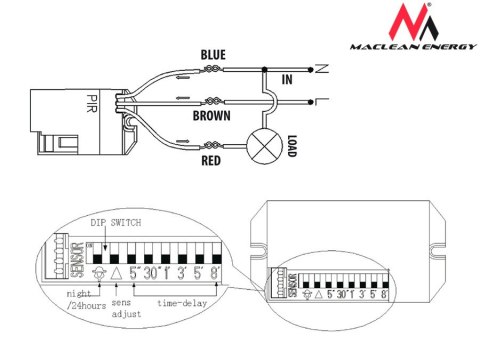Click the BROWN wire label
click(x=213, y=116)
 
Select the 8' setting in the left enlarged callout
click(x=214, y=270)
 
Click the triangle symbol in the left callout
click(x=116, y=270)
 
